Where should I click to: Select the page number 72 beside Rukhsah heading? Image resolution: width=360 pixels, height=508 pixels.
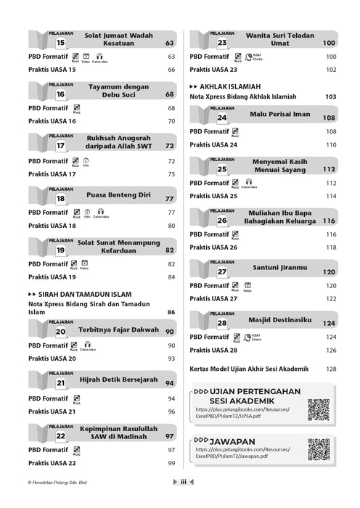pos(169,145)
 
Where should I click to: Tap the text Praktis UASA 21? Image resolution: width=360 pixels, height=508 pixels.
pos(52,411)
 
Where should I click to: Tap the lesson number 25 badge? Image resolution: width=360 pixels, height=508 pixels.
pos(222,169)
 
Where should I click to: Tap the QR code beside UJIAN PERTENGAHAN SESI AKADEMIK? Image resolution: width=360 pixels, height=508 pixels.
pos(318,410)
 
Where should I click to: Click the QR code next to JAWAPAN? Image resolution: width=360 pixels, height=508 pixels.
pos(318,451)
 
